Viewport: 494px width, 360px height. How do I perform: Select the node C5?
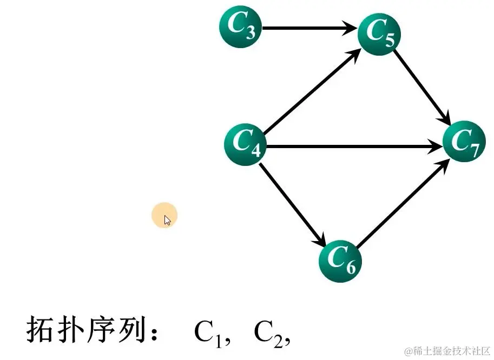pyautogui.click(x=379, y=34)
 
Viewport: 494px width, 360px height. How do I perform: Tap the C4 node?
pyautogui.click(x=245, y=144)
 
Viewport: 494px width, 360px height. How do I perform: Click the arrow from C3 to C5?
pyautogui.click(x=308, y=28)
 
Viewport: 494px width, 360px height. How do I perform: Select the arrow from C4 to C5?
pyautogui.click(x=311, y=91)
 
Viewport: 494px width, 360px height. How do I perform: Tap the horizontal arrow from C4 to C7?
pyautogui.click(x=352, y=145)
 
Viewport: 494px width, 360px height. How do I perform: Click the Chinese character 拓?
pyautogui.click(x=40, y=330)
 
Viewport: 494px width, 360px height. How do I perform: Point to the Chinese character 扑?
pyautogui.click(x=73, y=330)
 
